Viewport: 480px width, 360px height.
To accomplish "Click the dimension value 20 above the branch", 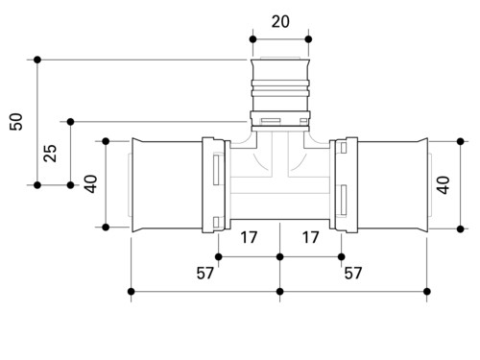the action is tap(280, 22).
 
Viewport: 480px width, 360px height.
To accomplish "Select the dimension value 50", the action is tap(16, 122).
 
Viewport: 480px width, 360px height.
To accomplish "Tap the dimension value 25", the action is tap(50, 154).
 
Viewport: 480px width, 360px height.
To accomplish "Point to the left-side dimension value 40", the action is tap(91, 184).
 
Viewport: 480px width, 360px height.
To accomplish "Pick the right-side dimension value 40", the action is tap(444, 185).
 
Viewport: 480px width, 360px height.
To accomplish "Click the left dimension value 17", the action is tap(249, 237).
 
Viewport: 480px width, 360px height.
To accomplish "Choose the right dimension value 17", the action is tap(311, 237).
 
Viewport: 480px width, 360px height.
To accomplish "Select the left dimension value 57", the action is tap(204, 274).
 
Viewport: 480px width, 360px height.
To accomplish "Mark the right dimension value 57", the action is tap(353, 274).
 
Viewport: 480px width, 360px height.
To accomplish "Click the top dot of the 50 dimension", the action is tap(37, 60).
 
